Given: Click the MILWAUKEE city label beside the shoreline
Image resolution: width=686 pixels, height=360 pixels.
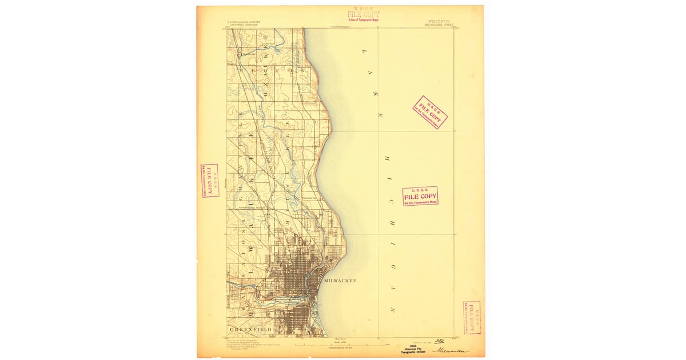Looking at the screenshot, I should [340, 281].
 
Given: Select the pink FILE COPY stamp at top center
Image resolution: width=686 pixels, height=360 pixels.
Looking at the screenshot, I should [363, 15].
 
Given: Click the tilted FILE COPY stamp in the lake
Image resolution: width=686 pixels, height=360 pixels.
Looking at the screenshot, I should [430, 112].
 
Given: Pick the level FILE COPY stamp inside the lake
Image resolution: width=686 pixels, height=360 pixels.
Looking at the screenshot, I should [420, 196].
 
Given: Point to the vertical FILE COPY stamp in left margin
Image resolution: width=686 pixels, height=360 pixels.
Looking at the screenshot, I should [210, 181].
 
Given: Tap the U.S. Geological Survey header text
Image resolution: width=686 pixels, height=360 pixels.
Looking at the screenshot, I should [243, 23].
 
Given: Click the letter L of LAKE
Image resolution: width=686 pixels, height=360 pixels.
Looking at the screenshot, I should [363, 53].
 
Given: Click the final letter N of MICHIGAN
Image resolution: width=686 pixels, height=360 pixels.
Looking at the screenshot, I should [393, 309].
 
